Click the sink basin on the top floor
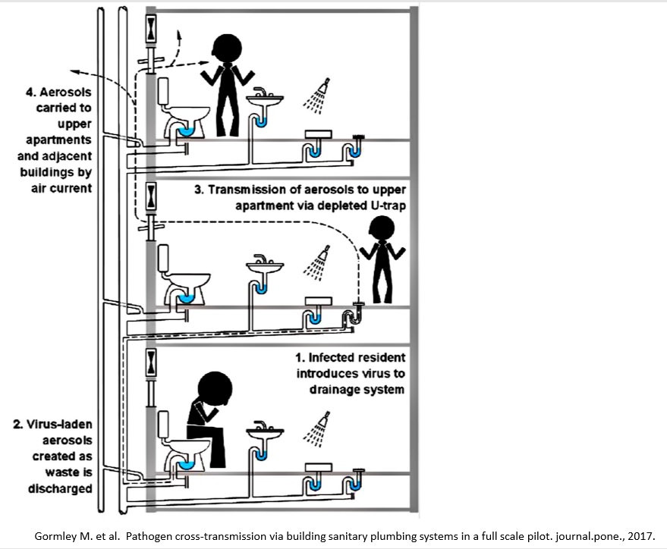265,100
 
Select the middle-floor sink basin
265,268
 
